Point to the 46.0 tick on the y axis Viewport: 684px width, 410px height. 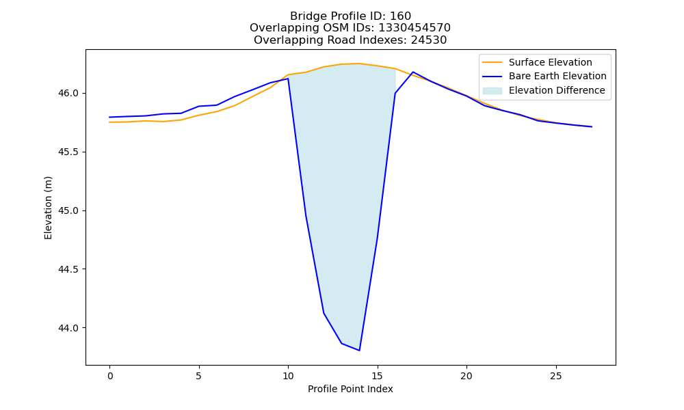click(x=68, y=93)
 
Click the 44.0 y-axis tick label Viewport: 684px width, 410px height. click(x=68, y=328)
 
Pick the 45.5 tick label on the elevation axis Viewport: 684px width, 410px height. click(x=68, y=152)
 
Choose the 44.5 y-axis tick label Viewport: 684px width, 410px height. click(x=68, y=269)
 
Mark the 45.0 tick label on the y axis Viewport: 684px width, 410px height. click(x=68, y=211)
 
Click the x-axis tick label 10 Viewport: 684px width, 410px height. click(x=288, y=376)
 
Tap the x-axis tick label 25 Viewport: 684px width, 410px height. click(x=555, y=376)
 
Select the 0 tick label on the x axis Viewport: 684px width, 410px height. click(x=110, y=376)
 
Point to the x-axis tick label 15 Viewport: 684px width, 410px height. click(x=378, y=376)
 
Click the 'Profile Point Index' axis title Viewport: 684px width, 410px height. click(x=350, y=389)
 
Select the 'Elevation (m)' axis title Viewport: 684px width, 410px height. click(x=48, y=208)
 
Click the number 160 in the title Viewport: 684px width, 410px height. click(x=400, y=16)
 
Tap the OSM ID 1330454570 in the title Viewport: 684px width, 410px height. click(x=414, y=28)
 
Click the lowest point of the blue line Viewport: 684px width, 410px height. click(x=359, y=351)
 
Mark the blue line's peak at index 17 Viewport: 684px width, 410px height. click(x=413, y=72)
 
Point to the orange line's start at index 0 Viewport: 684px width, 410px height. click(x=109, y=122)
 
